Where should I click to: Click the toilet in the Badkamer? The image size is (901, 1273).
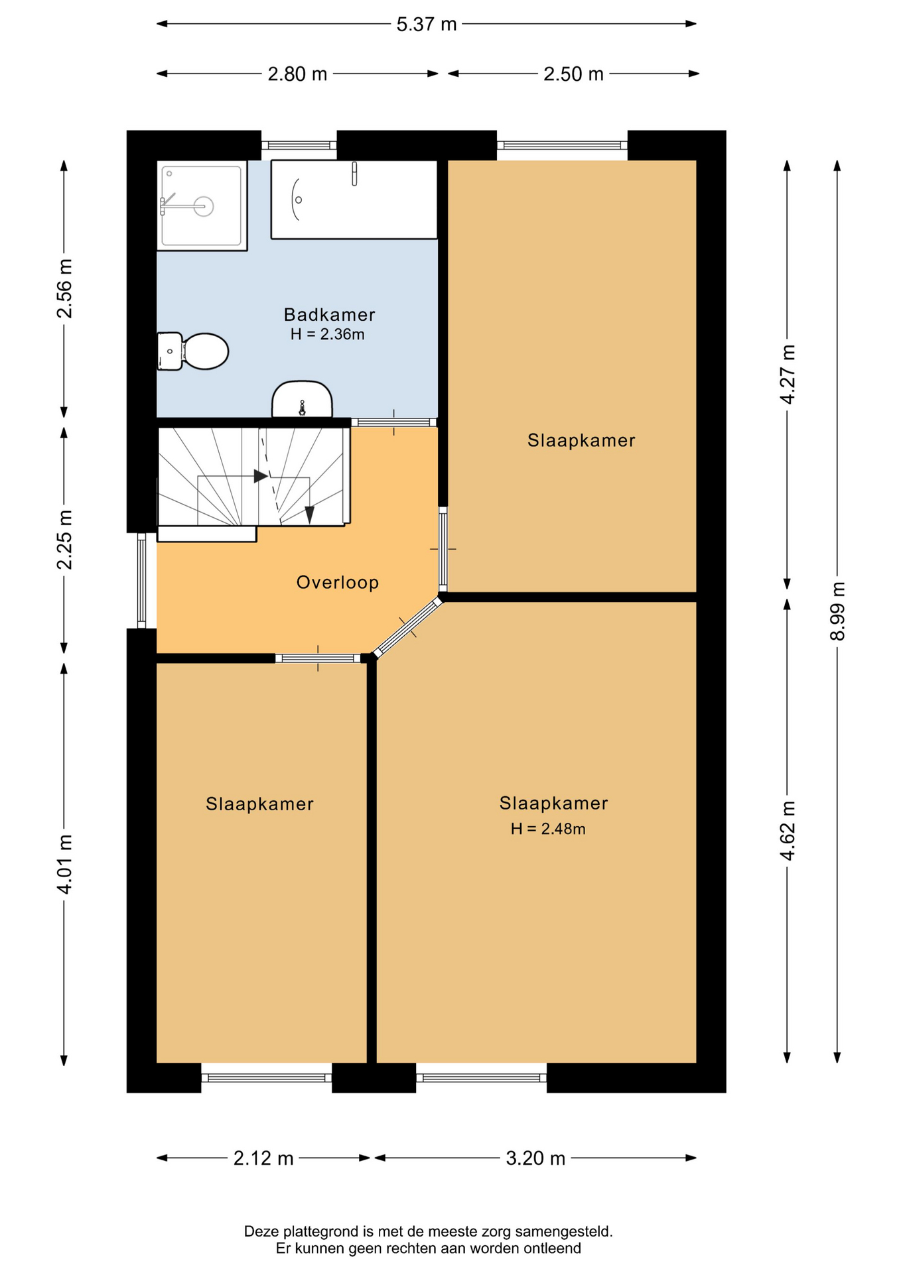(193, 351)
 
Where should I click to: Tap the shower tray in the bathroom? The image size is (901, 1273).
(202, 206)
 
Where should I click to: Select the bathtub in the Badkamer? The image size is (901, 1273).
(354, 199)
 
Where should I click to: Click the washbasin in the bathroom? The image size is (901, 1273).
(302, 399)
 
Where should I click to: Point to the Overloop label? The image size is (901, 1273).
(338, 582)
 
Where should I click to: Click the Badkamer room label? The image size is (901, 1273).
(330, 314)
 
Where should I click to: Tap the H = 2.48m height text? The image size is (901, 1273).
(548, 829)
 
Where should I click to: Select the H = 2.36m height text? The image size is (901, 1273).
(328, 334)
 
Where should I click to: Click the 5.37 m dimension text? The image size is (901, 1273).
(427, 25)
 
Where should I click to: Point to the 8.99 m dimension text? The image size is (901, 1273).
(838, 611)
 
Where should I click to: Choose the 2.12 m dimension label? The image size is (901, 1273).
(263, 1158)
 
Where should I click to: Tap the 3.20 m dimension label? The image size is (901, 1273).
(535, 1158)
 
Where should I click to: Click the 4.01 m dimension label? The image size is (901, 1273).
(64, 864)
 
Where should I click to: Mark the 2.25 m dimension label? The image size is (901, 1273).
(64, 540)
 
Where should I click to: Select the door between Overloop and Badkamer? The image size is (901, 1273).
(394, 422)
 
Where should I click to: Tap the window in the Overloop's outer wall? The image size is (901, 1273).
(141, 581)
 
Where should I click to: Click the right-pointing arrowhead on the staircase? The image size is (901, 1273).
(261, 476)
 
